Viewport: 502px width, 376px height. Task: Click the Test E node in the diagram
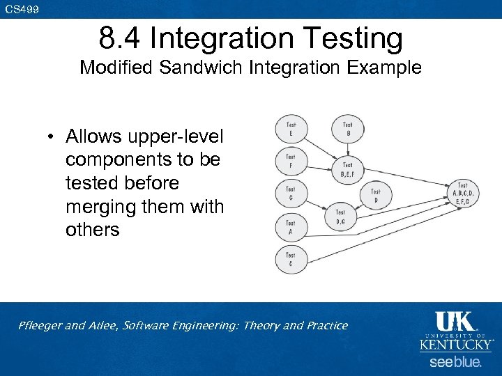(x=290, y=128)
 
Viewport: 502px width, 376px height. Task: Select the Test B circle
(x=347, y=128)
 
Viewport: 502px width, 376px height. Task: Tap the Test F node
(x=290, y=161)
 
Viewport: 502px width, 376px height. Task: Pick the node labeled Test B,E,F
(x=347, y=169)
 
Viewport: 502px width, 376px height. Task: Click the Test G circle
(x=290, y=193)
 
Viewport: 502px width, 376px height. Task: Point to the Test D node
(x=375, y=196)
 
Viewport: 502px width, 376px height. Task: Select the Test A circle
(x=290, y=226)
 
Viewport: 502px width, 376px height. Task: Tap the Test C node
(x=290, y=259)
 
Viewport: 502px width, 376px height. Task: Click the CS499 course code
(x=22, y=9)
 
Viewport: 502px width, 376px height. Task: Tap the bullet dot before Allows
(x=52, y=136)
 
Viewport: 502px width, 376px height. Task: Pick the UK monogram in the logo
(x=454, y=322)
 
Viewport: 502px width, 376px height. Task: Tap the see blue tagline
(x=455, y=362)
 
